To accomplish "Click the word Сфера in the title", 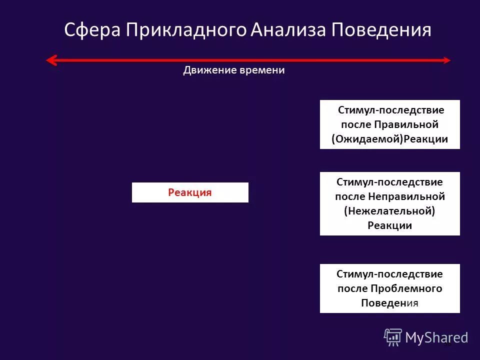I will coord(92,30).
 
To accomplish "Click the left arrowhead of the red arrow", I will coord(50,60).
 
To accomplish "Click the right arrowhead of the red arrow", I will coord(446,60).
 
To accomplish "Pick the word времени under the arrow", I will coord(261,70).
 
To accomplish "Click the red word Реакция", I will coord(190,192).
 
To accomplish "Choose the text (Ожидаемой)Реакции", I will coord(389,139).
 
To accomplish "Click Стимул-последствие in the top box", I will coord(390,109).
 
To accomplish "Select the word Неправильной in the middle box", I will coord(407,196).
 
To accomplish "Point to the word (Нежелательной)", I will coord(389,211).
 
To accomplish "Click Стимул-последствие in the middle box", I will coord(389,182).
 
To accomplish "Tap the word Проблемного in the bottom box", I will coord(406,288).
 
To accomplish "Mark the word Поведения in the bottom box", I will coord(389,303).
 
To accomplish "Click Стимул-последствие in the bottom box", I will coord(389,274).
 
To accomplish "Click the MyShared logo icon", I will coord(393,337).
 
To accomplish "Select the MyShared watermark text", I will coord(436,338).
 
